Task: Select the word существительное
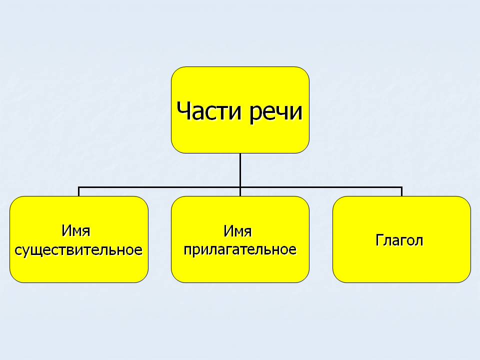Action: click(x=79, y=249)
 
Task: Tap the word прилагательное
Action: click(x=240, y=249)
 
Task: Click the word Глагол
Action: click(x=399, y=240)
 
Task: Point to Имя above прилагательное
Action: click(x=237, y=231)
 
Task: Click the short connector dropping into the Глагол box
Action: click(x=401, y=191)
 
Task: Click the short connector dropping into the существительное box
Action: click(x=78, y=191)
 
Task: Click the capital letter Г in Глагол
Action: click(x=379, y=240)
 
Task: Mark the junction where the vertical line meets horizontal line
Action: click(x=240, y=187)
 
